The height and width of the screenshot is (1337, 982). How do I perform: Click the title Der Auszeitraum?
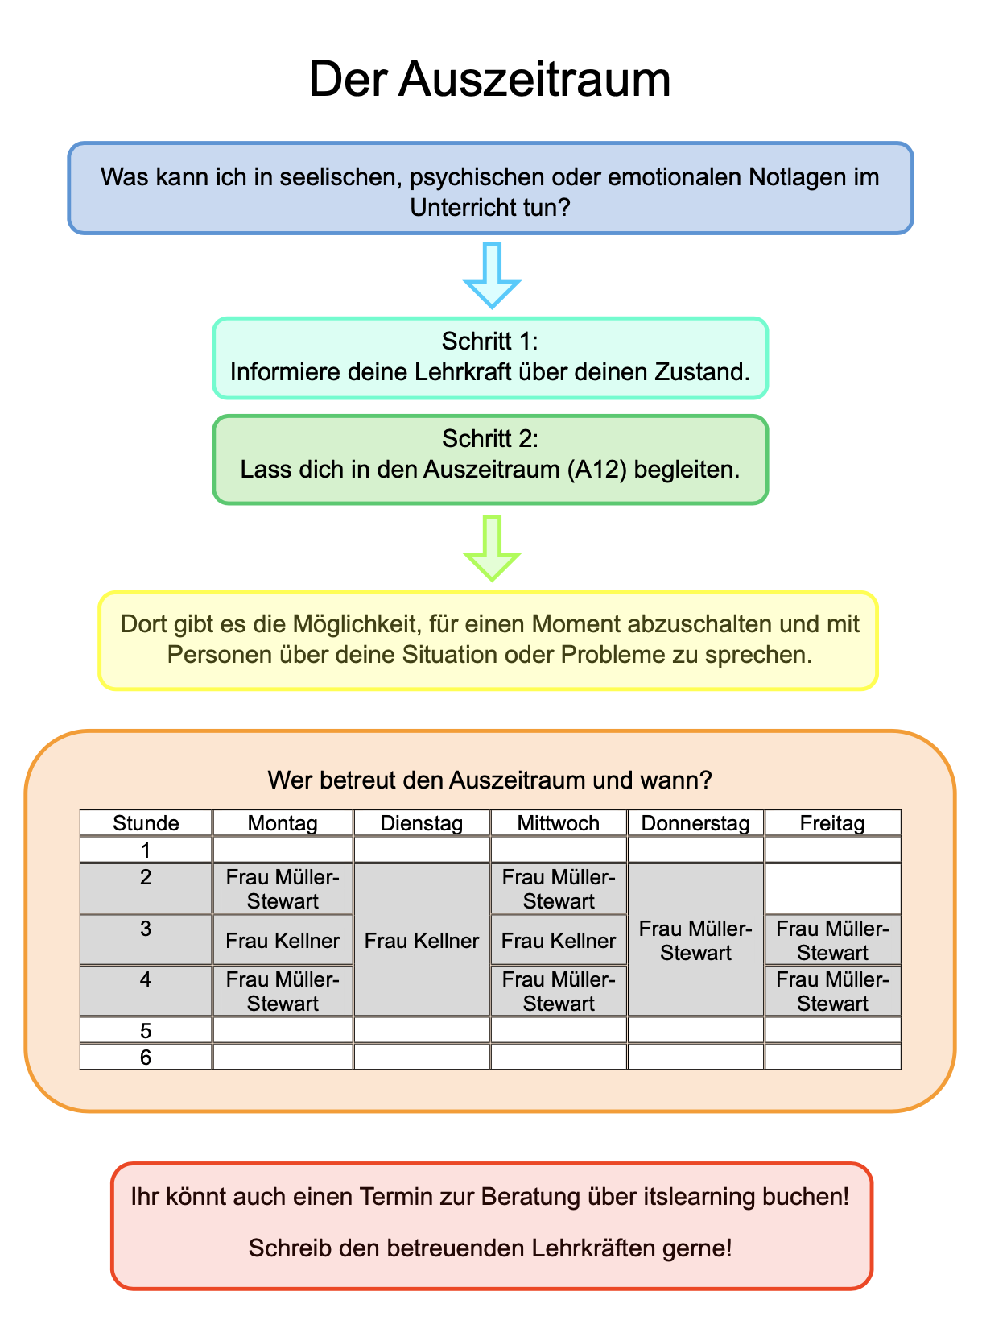(489, 80)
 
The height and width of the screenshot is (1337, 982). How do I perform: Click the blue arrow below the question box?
(493, 275)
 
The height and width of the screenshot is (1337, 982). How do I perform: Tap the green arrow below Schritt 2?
(493, 548)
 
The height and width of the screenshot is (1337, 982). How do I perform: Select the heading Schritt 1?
(489, 341)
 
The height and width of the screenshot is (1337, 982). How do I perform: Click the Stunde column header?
(146, 823)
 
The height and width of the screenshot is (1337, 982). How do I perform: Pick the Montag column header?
(283, 823)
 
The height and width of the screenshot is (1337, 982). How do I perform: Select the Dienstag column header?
(422, 823)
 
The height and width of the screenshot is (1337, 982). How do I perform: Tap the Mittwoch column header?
(559, 823)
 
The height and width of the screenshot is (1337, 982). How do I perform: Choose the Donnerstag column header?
(695, 823)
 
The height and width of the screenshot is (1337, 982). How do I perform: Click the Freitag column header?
(832, 823)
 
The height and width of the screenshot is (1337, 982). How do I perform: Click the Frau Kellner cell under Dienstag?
(422, 940)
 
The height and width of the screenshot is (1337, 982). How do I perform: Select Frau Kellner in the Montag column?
(283, 940)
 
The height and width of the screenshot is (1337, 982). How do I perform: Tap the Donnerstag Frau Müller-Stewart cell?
(695, 940)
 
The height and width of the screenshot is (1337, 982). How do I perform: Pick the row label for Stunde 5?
(146, 1030)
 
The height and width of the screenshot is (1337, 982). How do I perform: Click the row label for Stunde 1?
(146, 850)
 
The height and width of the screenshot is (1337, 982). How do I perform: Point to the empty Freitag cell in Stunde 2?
(832, 888)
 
